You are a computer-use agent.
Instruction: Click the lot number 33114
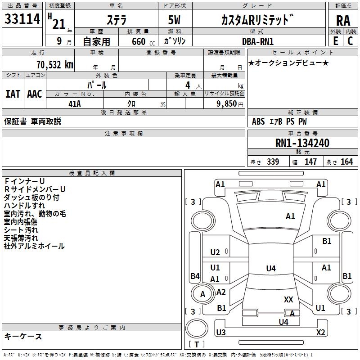click(x=22, y=19)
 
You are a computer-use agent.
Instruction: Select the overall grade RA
click(x=343, y=21)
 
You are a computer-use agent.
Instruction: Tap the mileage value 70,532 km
click(x=55, y=64)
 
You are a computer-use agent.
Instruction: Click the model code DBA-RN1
click(x=257, y=41)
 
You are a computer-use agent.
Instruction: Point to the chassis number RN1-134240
click(x=302, y=143)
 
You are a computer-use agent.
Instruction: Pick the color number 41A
click(x=75, y=104)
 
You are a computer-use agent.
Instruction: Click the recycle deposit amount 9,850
click(x=227, y=104)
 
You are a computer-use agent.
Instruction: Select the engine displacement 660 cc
click(x=143, y=41)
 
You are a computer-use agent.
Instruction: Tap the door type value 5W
click(x=174, y=20)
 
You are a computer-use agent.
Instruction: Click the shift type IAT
click(x=13, y=94)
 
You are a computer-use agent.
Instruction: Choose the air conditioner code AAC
click(x=35, y=94)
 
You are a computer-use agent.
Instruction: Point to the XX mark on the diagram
click(x=288, y=299)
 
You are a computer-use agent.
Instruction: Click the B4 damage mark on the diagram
click(x=195, y=276)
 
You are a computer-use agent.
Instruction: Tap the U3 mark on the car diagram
click(x=221, y=332)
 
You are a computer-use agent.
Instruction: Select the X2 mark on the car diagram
click(x=321, y=332)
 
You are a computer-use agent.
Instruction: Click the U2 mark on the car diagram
click(x=215, y=252)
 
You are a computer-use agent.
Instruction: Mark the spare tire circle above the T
click(x=197, y=328)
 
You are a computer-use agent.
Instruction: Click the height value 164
click(x=346, y=162)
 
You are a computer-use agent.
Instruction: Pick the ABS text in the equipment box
click(x=258, y=121)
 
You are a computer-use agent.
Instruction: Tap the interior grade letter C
click(x=350, y=41)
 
